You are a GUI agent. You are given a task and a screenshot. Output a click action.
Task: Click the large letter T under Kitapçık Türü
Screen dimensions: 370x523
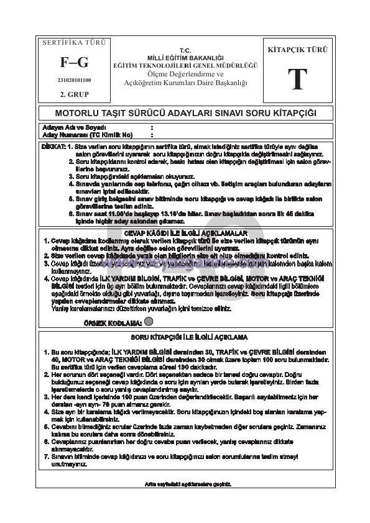(297, 80)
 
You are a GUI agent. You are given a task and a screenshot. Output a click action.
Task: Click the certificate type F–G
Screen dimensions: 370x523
(74, 62)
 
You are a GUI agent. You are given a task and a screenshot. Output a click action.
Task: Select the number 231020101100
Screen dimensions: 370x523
(74, 80)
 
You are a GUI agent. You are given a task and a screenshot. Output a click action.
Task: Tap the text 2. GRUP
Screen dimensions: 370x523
(74, 94)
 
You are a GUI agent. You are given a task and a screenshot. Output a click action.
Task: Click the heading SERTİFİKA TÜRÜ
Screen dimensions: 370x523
(74, 43)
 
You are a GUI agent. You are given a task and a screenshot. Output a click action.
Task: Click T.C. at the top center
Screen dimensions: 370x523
(185, 50)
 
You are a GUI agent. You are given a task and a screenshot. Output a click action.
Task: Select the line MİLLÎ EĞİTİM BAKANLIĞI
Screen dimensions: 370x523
(185, 57)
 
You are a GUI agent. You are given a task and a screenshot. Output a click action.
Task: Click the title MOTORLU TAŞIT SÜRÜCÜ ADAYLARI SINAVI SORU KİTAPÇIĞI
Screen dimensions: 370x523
(185, 114)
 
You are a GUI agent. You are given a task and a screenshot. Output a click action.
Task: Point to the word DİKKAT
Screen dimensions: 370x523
(52, 146)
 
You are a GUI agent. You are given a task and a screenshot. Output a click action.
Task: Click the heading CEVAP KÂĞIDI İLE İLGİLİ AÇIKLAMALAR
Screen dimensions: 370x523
(185, 232)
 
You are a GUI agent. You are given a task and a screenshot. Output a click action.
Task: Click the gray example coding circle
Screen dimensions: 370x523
(149, 322)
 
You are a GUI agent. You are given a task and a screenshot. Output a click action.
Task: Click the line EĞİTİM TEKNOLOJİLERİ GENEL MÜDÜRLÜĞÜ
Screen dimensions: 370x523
(185, 65)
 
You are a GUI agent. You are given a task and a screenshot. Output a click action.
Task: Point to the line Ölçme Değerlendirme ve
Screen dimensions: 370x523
(185, 73)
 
